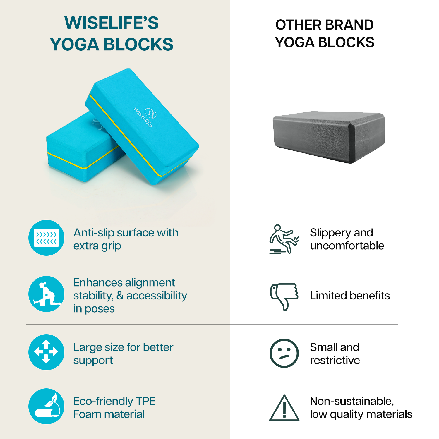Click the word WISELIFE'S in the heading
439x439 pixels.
(112, 23)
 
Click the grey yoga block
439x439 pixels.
(329, 137)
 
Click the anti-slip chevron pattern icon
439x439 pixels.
(47, 238)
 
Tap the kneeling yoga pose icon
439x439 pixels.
(47, 294)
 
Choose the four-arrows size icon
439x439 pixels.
(47, 352)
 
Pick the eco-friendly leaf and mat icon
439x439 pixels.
(47, 406)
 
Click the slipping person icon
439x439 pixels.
(284, 239)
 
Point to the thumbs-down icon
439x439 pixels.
(284, 296)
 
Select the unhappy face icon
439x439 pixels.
(284, 353)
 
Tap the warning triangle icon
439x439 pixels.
(284, 408)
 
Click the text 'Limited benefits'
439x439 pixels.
(350, 296)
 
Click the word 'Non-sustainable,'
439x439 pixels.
(352, 401)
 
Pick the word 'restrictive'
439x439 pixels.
(335, 360)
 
